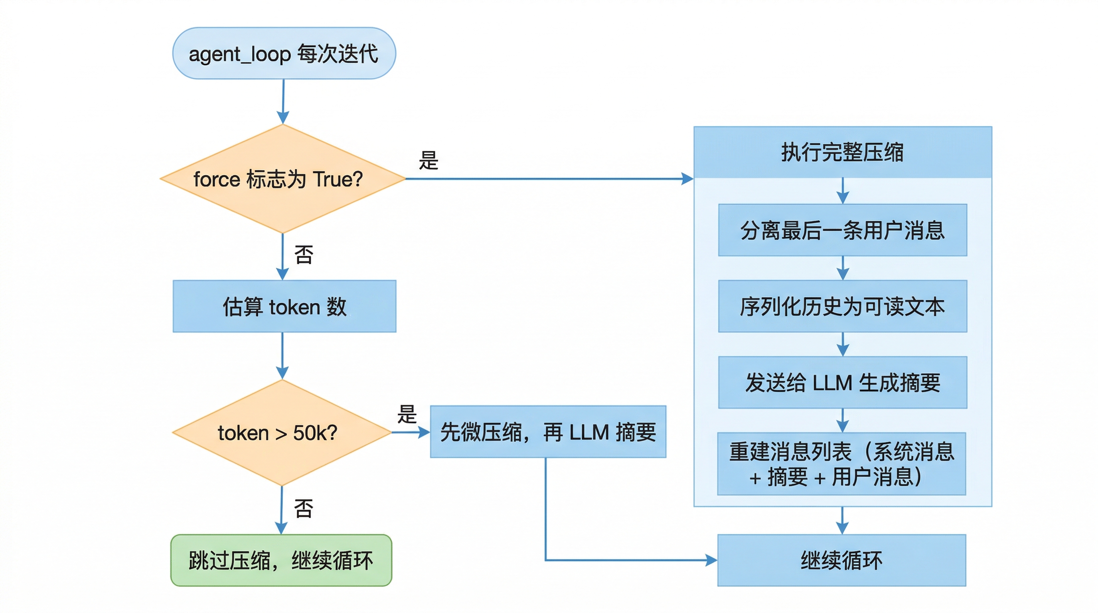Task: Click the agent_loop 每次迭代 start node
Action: (284, 53)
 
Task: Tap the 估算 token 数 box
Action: (284, 306)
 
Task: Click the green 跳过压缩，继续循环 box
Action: (281, 560)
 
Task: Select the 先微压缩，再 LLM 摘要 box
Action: (548, 432)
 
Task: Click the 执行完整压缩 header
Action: (842, 152)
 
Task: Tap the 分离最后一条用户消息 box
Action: (842, 230)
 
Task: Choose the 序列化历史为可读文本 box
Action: (842, 306)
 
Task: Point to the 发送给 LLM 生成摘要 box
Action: (842, 382)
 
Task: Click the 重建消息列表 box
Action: (841, 464)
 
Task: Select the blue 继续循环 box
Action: (841, 560)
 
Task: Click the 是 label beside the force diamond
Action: (429, 161)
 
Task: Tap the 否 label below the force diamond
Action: (304, 255)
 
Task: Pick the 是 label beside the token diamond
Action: (407, 414)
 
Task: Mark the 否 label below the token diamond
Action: (304, 508)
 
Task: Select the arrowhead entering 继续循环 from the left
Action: (711, 560)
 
